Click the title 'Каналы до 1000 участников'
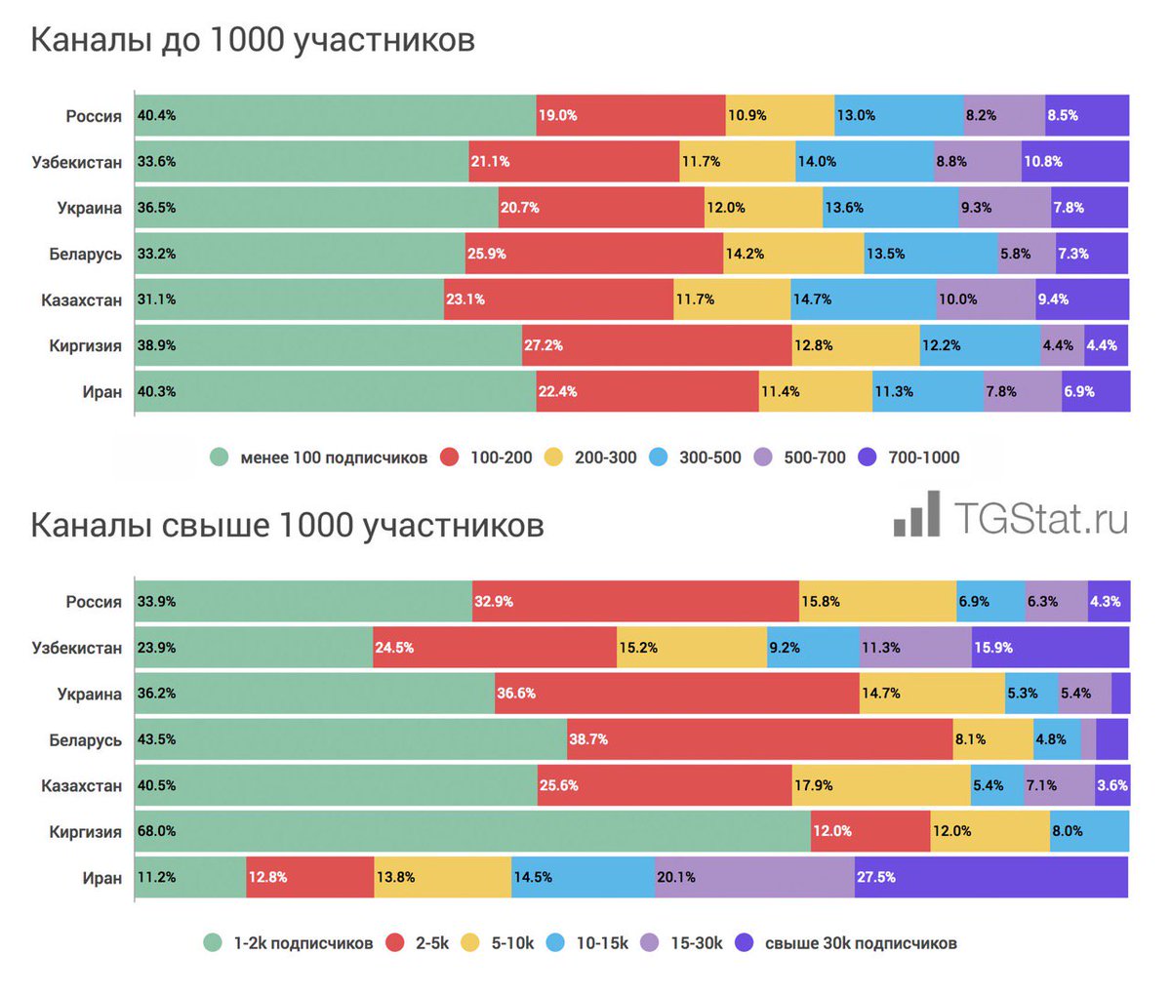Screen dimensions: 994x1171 tap(253, 40)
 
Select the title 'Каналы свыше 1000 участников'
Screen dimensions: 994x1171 tap(287, 525)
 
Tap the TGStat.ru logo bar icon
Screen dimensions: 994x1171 tap(917, 515)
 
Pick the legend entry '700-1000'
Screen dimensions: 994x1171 tap(909, 457)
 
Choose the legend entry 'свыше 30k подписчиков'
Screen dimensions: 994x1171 tap(846, 943)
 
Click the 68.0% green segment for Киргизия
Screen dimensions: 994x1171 tap(472, 831)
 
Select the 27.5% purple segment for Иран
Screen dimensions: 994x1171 tap(990, 877)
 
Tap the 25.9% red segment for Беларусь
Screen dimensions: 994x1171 tap(593, 254)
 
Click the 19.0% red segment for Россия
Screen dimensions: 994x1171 tap(630, 115)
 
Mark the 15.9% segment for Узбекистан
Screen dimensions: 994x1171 tap(1050, 648)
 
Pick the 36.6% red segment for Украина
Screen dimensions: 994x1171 tap(676, 694)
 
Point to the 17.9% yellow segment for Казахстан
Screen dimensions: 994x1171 tap(880, 785)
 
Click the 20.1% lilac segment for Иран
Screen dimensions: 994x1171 tap(753, 877)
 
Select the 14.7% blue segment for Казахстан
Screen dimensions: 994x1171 tap(863, 299)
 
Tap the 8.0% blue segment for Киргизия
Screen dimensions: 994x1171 tap(1089, 831)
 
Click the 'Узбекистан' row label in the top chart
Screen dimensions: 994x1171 tap(77, 162)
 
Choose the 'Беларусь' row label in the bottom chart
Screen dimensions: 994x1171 tap(86, 740)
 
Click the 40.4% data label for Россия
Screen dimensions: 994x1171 tap(156, 115)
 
